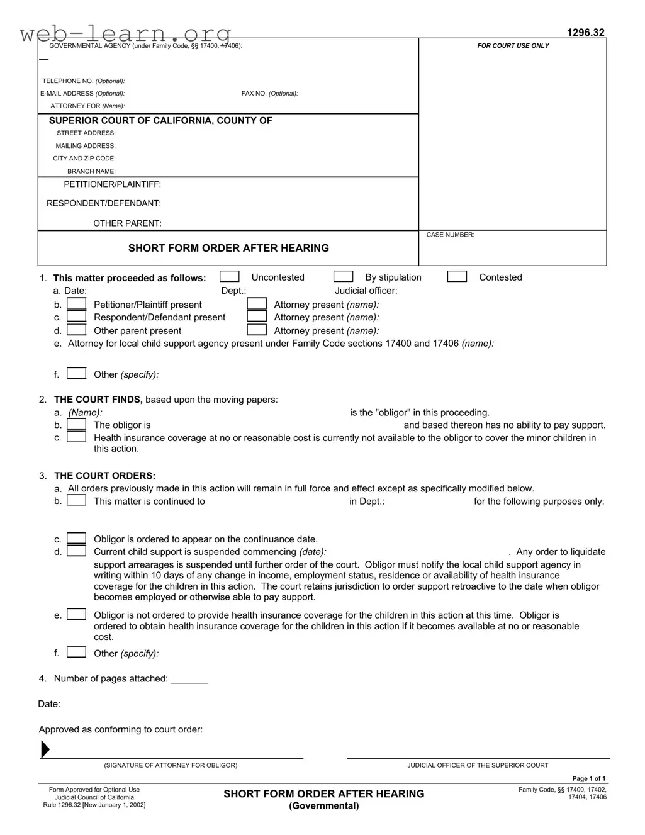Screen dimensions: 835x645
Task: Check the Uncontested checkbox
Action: [x=230, y=277]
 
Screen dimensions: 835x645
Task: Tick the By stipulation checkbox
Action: [x=343, y=277]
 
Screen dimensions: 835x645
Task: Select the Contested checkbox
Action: [x=457, y=277]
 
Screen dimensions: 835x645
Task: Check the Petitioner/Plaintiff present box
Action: [x=77, y=304]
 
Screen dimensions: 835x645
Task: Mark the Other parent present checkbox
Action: [x=77, y=330]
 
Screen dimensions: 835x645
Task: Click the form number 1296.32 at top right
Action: [x=585, y=33]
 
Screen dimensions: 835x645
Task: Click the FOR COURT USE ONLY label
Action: [x=513, y=46]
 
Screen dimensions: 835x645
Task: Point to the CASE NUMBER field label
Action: [x=450, y=235]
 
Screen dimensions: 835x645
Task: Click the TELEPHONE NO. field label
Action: [x=83, y=81]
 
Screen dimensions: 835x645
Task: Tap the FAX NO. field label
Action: [x=269, y=94]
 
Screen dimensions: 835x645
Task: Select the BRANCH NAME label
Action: [x=91, y=171]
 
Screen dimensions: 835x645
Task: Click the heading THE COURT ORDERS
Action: [x=104, y=476]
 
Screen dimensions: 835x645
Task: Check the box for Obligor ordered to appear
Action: [x=77, y=539]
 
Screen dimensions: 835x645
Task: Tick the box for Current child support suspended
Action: [x=77, y=551]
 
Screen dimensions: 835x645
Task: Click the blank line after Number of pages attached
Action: [x=189, y=680]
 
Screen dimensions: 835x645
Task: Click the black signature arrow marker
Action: [x=45, y=749]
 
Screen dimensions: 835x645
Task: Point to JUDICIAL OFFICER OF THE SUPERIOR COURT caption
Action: [x=478, y=765]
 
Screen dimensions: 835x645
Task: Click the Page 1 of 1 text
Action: [x=588, y=779]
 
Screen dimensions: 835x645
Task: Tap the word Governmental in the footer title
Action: [x=323, y=806]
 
